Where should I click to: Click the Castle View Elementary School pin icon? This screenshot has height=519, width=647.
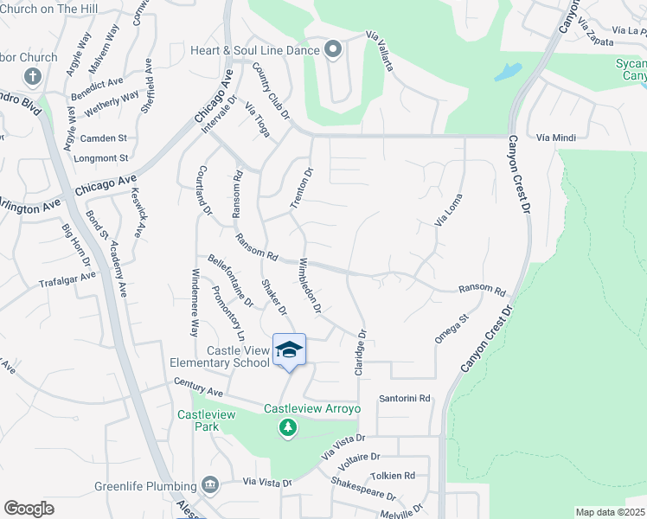(289, 349)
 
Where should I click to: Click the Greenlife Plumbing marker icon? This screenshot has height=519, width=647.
(208, 484)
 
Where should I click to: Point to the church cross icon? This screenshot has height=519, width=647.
(34, 76)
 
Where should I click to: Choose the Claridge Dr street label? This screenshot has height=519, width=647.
(360, 351)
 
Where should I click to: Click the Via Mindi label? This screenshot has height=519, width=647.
(555, 138)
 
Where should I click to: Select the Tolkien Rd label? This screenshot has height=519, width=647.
(393, 475)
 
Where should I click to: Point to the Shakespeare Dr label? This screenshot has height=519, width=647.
(363, 490)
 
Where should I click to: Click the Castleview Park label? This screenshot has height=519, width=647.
(207, 415)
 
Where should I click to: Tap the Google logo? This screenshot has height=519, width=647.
(29, 508)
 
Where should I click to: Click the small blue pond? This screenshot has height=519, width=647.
(508, 72)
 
